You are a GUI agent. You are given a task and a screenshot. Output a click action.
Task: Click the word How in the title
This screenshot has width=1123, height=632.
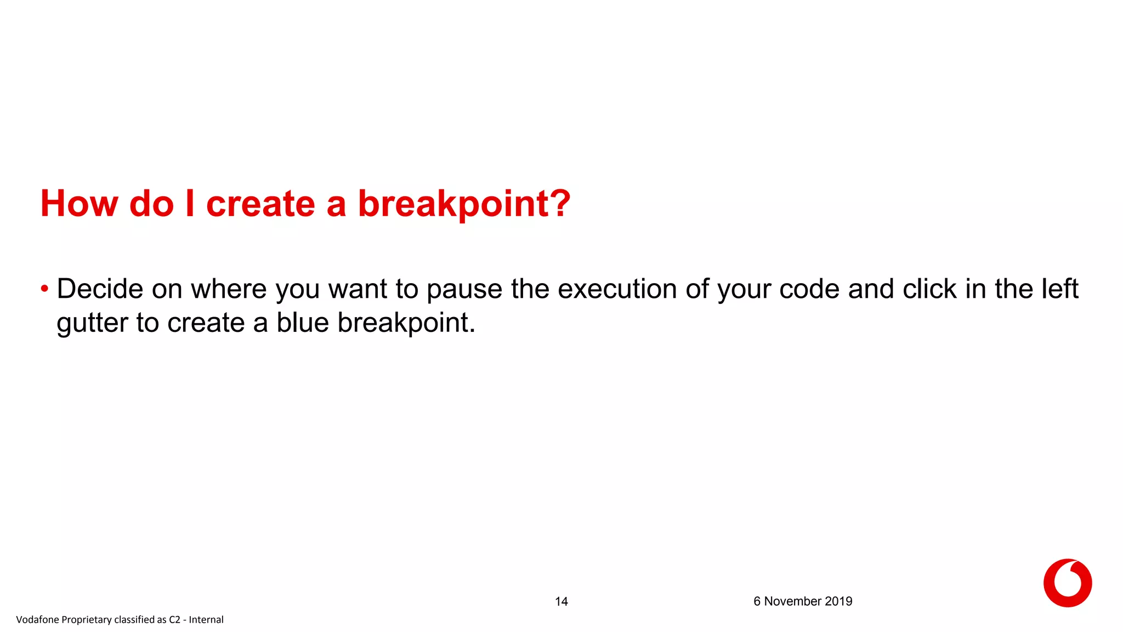click(79, 204)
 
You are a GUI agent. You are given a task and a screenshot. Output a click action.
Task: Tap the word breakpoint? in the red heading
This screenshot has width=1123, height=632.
click(464, 204)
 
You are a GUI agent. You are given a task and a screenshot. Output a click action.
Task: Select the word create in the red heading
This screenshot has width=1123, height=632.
click(260, 204)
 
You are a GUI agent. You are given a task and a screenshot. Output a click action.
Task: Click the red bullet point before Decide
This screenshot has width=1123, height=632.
click(44, 289)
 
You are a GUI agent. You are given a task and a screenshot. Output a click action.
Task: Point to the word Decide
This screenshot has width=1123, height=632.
click(100, 289)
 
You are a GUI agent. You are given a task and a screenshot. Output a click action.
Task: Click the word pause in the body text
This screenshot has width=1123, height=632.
click(464, 289)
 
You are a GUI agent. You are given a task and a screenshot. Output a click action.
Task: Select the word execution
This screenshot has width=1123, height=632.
click(617, 289)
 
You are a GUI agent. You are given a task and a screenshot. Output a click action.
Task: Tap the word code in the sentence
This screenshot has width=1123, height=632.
click(809, 289)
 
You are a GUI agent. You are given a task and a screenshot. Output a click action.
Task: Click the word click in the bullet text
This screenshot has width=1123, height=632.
click(929, 289)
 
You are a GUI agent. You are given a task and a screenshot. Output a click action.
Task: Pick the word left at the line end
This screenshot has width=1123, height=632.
click(1062, 289)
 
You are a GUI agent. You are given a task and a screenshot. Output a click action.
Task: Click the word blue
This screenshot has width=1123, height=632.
click(302, 323)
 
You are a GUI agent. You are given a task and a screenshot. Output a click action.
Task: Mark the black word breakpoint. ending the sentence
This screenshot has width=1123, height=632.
click(406, 323)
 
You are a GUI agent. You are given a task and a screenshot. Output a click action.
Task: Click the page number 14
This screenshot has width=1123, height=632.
click(561, 602)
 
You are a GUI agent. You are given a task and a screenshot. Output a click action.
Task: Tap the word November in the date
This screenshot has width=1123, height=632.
click(793, 601)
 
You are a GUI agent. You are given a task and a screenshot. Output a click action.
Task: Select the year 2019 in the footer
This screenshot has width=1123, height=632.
click(838, 601)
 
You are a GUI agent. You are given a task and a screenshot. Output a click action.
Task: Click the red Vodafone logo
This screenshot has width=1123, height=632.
click(1067, 583)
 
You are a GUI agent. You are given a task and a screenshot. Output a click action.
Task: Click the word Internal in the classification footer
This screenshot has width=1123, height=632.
click(206, 620)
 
